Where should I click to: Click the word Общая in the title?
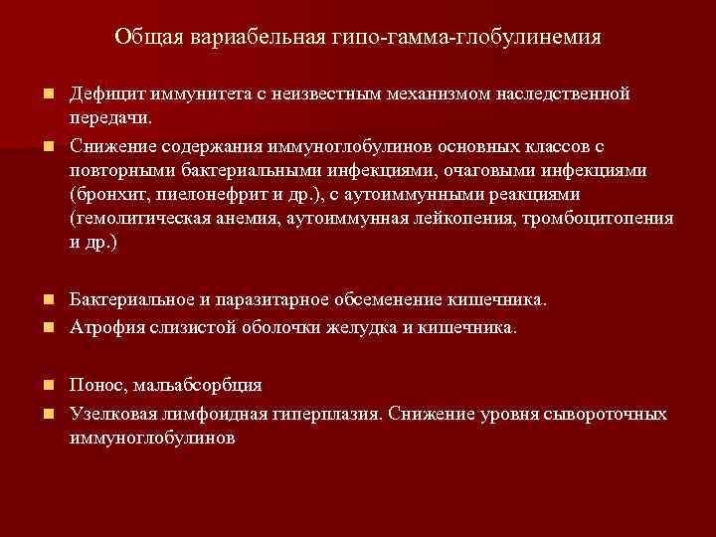tap(146, 38)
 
